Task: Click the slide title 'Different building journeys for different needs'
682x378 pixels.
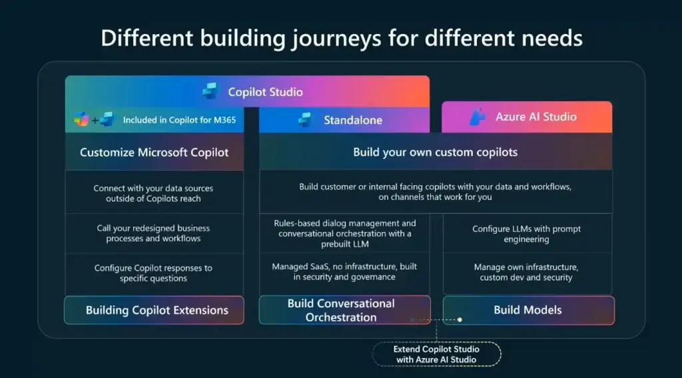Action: click(342, 38)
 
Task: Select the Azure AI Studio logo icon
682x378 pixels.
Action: click(478, 117)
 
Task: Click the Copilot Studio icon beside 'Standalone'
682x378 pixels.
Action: click(305, 120)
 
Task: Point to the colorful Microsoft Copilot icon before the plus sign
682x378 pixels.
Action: click(81, 119)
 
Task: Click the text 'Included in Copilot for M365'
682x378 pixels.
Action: click(179, 120)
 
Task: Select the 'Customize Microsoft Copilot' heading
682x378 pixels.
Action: click(154, 153)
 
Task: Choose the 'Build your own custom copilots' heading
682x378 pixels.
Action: click(436, 152)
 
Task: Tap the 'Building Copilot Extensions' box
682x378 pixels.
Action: click(154, 310)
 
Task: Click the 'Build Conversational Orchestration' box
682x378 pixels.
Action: click(344, 310)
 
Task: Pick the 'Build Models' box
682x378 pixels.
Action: click(528, 310)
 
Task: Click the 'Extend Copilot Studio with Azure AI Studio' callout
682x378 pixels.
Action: click(436, 355)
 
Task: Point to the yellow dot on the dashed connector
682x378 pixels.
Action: click(460, 319)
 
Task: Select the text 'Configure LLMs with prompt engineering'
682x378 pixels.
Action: click(526, 234)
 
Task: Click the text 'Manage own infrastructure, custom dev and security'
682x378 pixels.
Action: click(526, 272)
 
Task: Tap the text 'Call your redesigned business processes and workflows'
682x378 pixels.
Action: click(153, 233)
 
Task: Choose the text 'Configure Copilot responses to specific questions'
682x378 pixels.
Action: click(153, 273)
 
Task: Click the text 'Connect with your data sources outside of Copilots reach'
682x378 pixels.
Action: click(153, 193)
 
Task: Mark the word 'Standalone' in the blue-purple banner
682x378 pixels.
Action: click(353, 120)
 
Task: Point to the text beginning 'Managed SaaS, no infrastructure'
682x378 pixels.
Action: click(344, 271)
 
